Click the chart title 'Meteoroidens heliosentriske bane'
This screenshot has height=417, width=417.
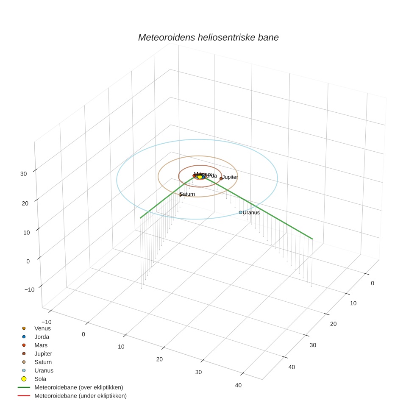208,37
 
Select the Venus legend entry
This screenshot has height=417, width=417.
42,328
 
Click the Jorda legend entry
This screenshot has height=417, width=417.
42,337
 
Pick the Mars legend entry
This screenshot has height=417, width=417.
41,345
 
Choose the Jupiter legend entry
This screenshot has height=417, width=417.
43,353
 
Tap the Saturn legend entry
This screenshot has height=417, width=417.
43,362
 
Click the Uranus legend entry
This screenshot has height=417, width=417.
44,370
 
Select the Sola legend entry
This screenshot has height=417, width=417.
40,379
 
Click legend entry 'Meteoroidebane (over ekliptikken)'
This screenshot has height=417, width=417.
78,387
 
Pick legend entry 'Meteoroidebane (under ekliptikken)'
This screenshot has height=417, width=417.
80,396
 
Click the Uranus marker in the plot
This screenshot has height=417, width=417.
240,212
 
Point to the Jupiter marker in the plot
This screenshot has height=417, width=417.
221,178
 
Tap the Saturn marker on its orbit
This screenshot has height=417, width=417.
180,195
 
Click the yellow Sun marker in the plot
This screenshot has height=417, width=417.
200,176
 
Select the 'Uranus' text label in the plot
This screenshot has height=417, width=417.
251,212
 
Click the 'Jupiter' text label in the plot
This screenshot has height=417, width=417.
231,177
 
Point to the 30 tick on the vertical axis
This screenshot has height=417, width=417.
24,174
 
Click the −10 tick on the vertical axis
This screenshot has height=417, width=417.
30,289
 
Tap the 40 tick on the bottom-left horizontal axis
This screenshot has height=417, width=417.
238,385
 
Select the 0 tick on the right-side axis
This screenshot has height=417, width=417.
373,284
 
